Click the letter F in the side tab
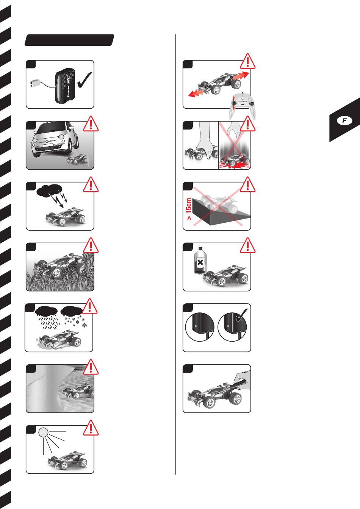344,120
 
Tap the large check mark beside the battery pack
85,80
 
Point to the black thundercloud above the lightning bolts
49,190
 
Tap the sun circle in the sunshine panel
43,432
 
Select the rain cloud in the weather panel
46,311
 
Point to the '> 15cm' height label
189,209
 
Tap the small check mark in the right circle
241,315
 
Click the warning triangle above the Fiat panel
91,123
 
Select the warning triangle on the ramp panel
247,184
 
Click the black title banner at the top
69,40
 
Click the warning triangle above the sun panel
91,428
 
